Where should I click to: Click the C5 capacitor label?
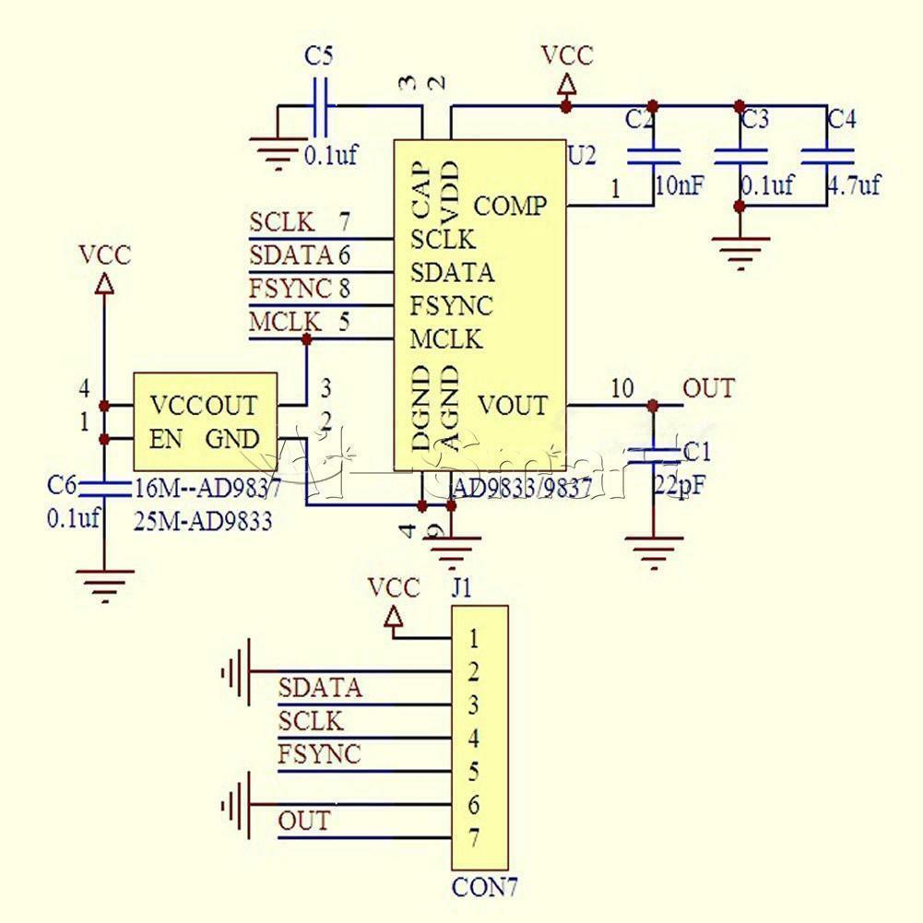click(318, 56)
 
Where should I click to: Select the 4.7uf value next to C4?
click(853, 184)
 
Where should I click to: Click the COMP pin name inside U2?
click(510, 206)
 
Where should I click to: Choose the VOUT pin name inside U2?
click(513, 405)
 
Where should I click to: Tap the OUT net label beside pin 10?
click(708, 388)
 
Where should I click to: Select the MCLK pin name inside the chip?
click(446, 339)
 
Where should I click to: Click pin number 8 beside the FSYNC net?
click(344, 289)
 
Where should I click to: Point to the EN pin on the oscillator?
click(166, 439)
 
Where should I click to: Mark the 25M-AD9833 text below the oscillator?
click(204, 522)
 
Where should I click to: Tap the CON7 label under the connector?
click(484, 889)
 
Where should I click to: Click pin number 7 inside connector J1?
click(473, 840)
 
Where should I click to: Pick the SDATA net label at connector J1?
click(320, 687)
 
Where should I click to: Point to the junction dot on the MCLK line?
click(307, 339)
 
